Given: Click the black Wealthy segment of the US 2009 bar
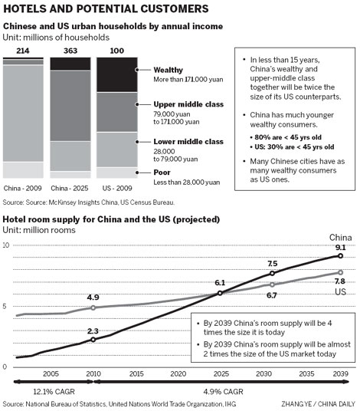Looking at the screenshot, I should [117, 74].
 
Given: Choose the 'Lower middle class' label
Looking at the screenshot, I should [178, 142].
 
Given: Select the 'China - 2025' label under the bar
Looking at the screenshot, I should [70, 187].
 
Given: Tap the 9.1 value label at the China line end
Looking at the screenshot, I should [339, 247].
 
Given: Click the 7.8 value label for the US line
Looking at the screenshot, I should [339, 281].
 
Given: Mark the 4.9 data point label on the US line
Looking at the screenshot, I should [93, 297].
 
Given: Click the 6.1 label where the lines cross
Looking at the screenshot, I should [219, 283].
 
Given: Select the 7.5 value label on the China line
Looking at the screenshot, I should [272, 263].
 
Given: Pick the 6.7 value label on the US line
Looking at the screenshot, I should [271, 295].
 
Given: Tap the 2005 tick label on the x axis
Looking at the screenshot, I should [51, 375].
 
